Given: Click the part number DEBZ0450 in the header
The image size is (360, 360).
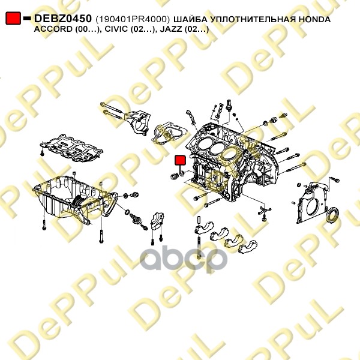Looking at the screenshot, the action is (x=62, y=19).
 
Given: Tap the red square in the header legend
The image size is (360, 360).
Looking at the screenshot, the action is (x=13, y=19).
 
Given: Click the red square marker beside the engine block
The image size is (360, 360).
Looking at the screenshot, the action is (x=180, y=160).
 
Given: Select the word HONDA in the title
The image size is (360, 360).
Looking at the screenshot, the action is (x=314, y=19).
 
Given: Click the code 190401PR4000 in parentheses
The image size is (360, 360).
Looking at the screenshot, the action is (x=133, y=20).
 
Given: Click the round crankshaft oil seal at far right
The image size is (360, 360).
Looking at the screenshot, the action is (x=332, y=214).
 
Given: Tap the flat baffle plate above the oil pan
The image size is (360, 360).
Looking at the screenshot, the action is (x=71, y=148).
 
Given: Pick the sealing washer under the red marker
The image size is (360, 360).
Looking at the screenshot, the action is (x=182, y=173).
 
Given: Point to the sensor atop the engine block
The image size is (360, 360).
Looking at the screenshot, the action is (x=229, y=106).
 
